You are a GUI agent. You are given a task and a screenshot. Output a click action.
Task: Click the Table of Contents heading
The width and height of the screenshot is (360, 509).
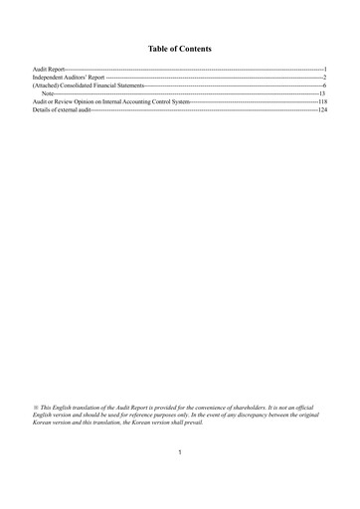180,47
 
